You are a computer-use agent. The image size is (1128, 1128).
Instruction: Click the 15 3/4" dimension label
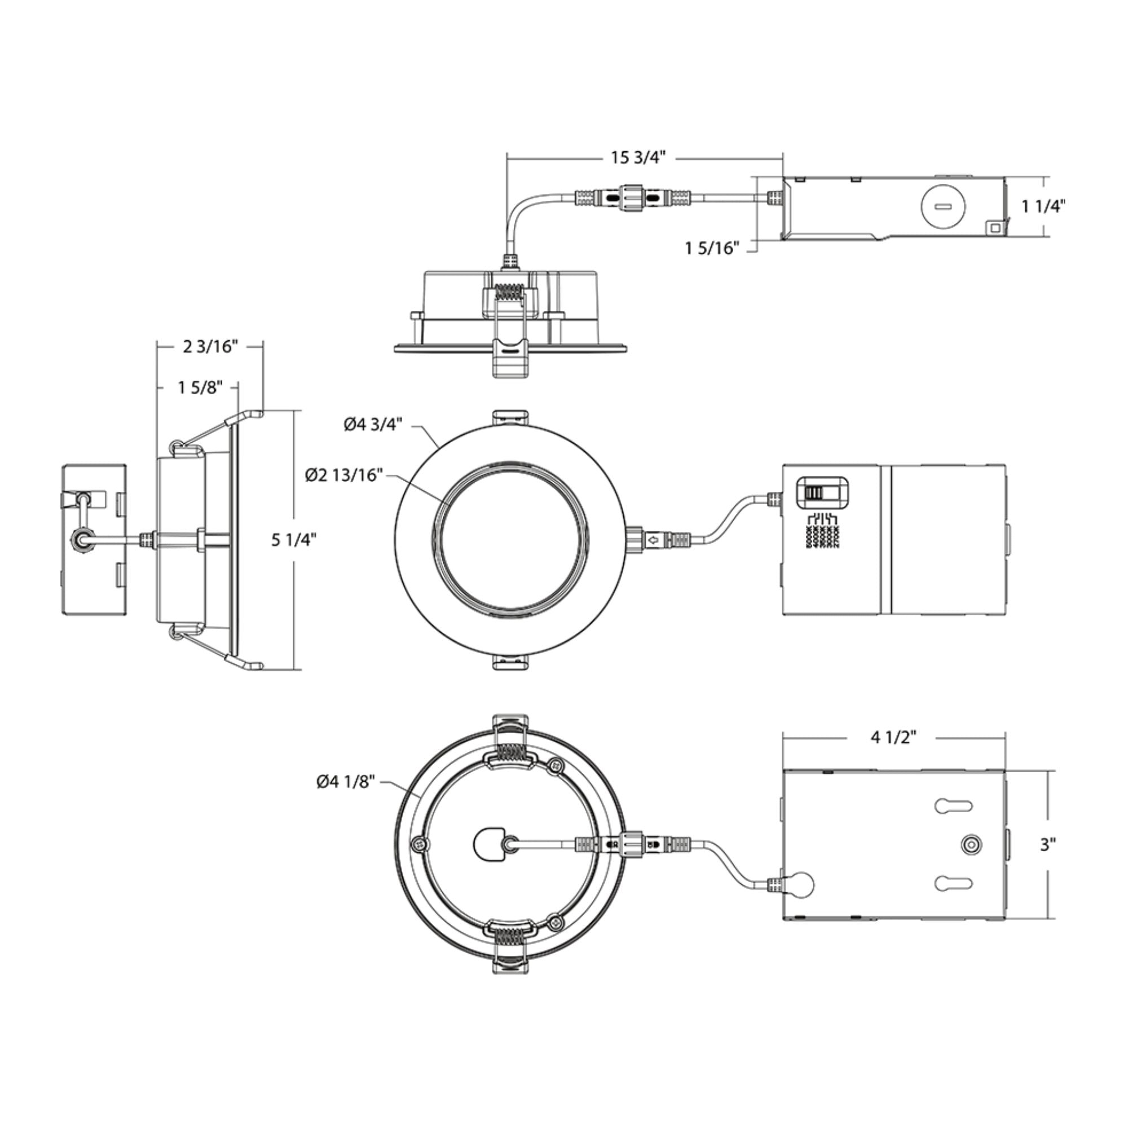tap(638, 158)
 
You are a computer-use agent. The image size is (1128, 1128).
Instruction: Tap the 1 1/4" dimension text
tap(1043, 206)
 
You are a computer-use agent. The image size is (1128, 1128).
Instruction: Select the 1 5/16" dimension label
tap(712, 248)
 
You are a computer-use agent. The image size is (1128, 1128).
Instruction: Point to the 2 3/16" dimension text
tap(210, 347)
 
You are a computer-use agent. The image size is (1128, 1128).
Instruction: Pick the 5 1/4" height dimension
tap(294, 540)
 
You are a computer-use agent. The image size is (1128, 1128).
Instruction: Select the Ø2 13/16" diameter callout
tap(344, 475)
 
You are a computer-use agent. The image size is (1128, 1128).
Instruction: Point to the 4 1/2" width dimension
tap(893, 737)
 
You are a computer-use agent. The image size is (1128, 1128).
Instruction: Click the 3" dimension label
tap(1048, 844)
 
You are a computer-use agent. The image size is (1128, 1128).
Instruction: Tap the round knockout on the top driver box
tap(942, 206)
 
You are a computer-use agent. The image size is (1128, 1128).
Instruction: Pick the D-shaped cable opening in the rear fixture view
tap(488, 844)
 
